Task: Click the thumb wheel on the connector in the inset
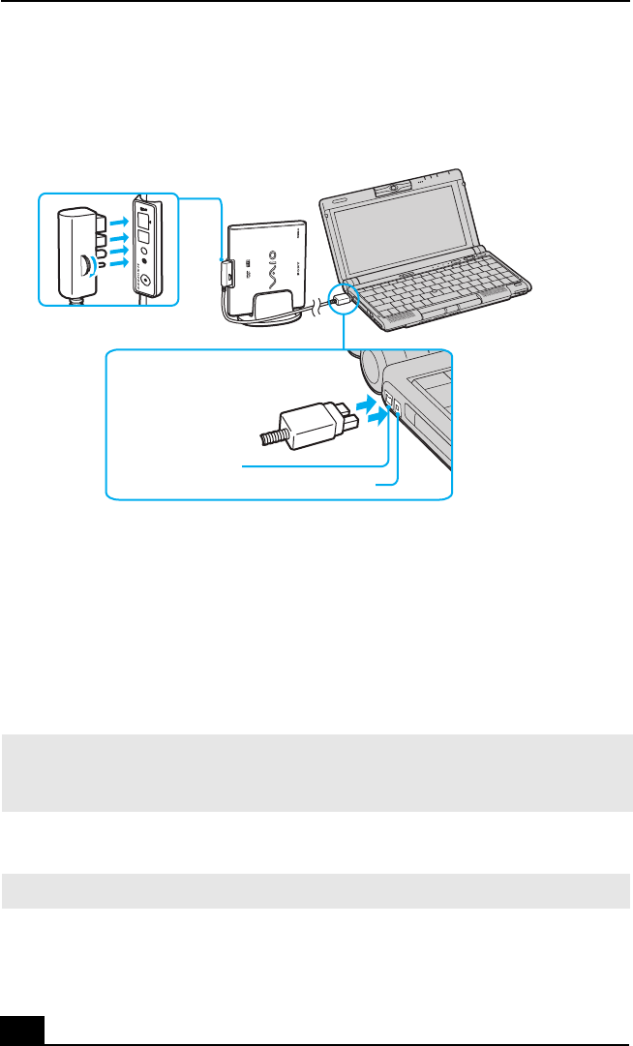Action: pyautogui.click(x=87, y=262)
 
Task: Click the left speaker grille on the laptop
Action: pyautogui.click(x=373, y=314)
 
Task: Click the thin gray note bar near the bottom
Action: pyautogui.click(x=316, y=890)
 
